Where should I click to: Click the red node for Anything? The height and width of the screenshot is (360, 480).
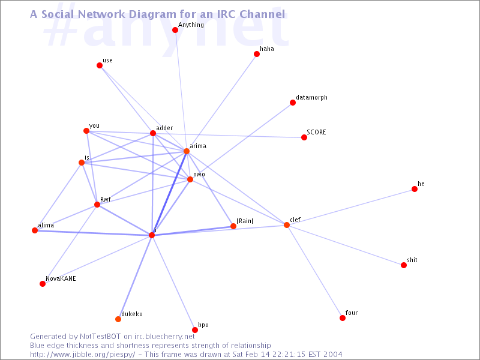(175, 30)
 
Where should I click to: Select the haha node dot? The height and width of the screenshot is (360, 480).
(257, 54)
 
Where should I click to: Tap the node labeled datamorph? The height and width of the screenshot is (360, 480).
(293, 103)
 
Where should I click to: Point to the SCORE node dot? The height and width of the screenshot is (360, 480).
(304, 137)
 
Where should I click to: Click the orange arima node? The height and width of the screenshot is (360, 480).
(187, 151)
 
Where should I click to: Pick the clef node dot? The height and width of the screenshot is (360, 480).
(287, 225)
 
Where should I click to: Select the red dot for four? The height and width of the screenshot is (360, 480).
(343, 318)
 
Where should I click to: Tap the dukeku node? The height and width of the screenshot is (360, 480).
(118, 319)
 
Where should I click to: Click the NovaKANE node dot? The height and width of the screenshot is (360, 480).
(43, 284)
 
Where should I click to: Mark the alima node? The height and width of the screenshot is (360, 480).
(35, 230)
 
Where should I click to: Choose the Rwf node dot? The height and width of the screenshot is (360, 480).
(97, 205)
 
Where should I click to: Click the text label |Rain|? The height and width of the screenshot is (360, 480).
(245, 221)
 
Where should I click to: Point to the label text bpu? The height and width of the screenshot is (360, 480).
(203, 325)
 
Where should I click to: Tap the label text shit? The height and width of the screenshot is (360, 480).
(412, 260)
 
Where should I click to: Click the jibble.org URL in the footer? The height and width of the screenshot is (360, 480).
(82, 355)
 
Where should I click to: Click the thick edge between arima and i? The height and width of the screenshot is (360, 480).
(169, 193)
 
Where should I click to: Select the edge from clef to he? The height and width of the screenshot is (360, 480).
(350, 207)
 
